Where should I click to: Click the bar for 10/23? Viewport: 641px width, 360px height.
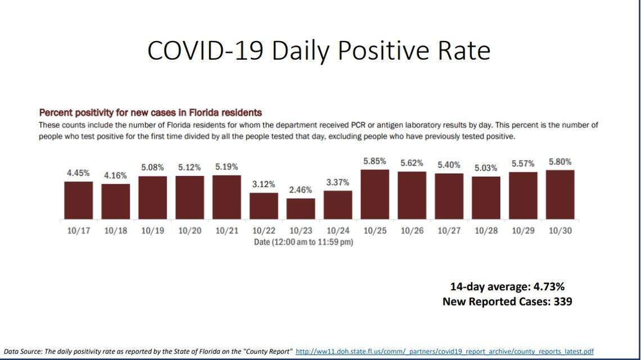[301, 209]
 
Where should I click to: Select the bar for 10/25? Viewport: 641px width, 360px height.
[374, 195]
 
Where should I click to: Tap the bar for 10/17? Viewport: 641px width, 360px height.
[78, 200]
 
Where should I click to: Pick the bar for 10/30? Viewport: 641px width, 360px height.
[560, 195]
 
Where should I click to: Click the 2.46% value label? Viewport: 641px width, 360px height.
[301, 190]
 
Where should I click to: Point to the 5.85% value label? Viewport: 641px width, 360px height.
[374, 161]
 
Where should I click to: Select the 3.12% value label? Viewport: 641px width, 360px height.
[264, 184]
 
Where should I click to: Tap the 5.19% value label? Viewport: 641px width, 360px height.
[227, 167]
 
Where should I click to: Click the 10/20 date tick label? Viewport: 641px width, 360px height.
[189, 231]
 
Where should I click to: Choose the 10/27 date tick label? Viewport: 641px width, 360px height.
[449, 231]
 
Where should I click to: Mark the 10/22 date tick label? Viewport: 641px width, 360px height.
[264, 231]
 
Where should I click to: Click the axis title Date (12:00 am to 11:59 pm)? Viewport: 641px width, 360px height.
[303, 242]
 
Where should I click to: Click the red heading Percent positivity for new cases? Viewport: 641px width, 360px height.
[150, 112]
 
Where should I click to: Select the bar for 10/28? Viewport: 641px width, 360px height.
[486, 198]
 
